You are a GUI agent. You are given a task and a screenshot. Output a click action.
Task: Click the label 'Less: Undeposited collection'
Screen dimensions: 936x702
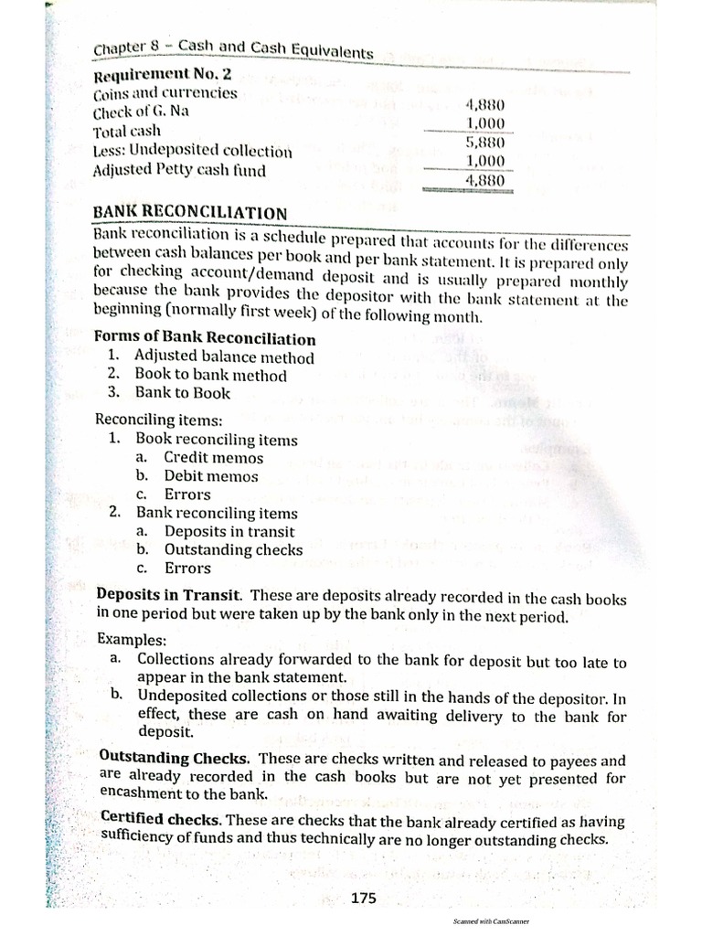pos(193,151)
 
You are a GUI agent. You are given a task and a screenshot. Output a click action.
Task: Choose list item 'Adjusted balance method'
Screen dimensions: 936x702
pos(224,357)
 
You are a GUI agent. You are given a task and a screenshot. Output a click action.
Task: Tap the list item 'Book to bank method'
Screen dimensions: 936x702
pos(210,375)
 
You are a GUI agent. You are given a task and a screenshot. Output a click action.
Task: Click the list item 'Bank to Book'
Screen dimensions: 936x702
pos(183,393)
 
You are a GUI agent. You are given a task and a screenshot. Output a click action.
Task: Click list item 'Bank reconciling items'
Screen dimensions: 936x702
pos(217,513)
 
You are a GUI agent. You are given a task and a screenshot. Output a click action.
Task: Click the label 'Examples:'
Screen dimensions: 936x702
pos(127,640)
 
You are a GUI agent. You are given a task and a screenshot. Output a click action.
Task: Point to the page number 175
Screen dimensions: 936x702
pos(363,899)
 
